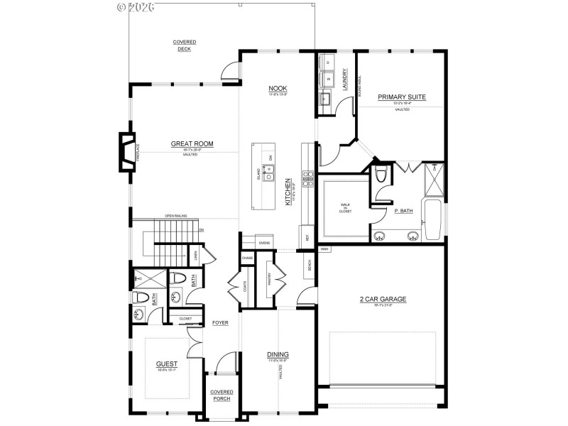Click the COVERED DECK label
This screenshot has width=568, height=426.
(185, 45)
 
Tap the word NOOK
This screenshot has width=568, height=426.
(278, 88)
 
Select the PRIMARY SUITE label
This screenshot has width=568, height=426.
(401, 97)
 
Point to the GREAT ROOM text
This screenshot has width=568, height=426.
(192, 144)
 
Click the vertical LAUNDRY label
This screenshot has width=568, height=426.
(345, 77)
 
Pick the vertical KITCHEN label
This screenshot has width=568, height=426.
(288, 192)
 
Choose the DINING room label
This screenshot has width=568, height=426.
(278, 354)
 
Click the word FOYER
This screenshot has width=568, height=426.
(220, 322)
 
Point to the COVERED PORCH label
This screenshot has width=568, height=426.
(222, 395)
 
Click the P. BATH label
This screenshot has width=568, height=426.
(403, 211)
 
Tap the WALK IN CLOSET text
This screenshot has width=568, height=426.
(346, 207)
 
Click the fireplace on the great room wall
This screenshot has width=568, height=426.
(126, 152)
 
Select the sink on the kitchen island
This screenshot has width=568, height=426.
(269, 170)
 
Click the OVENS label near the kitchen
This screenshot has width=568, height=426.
(264, 243)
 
